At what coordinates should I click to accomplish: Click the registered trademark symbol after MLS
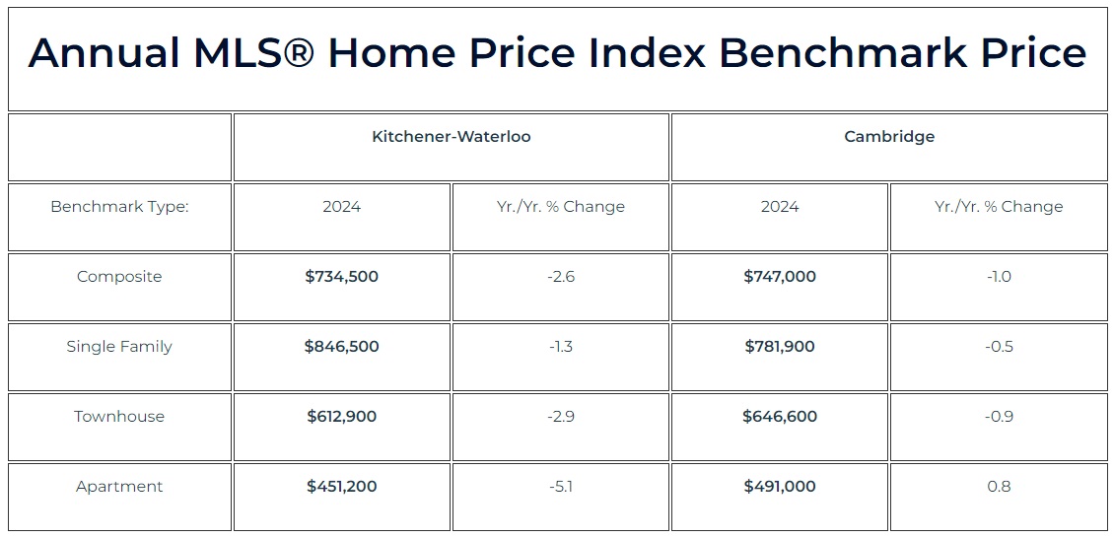292,52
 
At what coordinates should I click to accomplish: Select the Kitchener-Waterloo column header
452,136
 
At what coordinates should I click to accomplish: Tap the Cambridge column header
889,136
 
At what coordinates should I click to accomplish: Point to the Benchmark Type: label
119,207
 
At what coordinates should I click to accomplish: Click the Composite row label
119,276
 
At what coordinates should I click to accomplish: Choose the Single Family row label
119,347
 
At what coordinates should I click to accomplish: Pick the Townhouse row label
119,416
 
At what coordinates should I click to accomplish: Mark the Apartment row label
119,486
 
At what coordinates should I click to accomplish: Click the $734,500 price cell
342,276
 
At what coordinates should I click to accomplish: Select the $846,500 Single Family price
342,347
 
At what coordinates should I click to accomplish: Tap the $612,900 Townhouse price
342,416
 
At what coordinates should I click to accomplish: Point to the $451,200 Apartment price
342,486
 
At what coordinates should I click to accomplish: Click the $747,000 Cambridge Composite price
780,276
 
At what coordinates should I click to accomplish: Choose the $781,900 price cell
780,347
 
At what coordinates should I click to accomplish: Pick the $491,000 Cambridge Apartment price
780,486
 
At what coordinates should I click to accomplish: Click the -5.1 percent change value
561,486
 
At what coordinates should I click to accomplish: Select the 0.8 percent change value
999,486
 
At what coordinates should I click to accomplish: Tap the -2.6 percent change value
561,276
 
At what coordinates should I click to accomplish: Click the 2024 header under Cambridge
780,207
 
